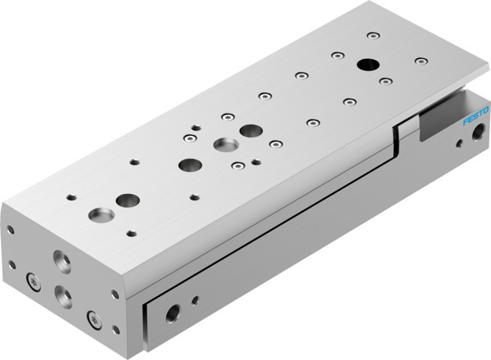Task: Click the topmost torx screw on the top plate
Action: click(x=372, y=35)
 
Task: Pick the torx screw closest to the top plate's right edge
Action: click(x=420, y=61)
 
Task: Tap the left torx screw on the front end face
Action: click(x=34, y=283)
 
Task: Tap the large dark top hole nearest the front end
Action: click(x=127, y=199)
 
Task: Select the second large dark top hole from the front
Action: click(x=189, y=164)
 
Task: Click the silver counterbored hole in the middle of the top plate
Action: click(x=223, y=146)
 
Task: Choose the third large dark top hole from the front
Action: click(x=248, y=130)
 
